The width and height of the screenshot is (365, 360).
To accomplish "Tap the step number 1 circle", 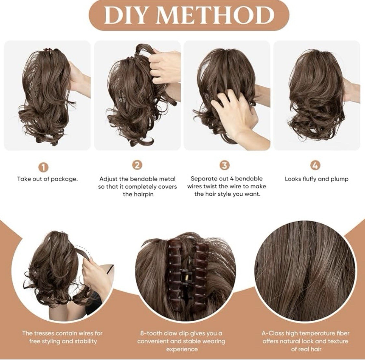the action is tap(44, 167).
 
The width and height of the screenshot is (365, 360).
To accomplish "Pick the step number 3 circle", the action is tap(225, 165).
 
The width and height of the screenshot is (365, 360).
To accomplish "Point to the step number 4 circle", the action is tap(315, 165).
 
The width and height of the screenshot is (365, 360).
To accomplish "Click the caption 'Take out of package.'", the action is tap(47, 179).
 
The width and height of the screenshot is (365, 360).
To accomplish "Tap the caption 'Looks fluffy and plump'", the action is tap(317, 179).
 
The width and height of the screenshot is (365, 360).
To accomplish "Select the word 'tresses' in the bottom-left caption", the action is tap(45, 333).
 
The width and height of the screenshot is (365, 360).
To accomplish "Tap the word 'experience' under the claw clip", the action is tap(182, 349).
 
